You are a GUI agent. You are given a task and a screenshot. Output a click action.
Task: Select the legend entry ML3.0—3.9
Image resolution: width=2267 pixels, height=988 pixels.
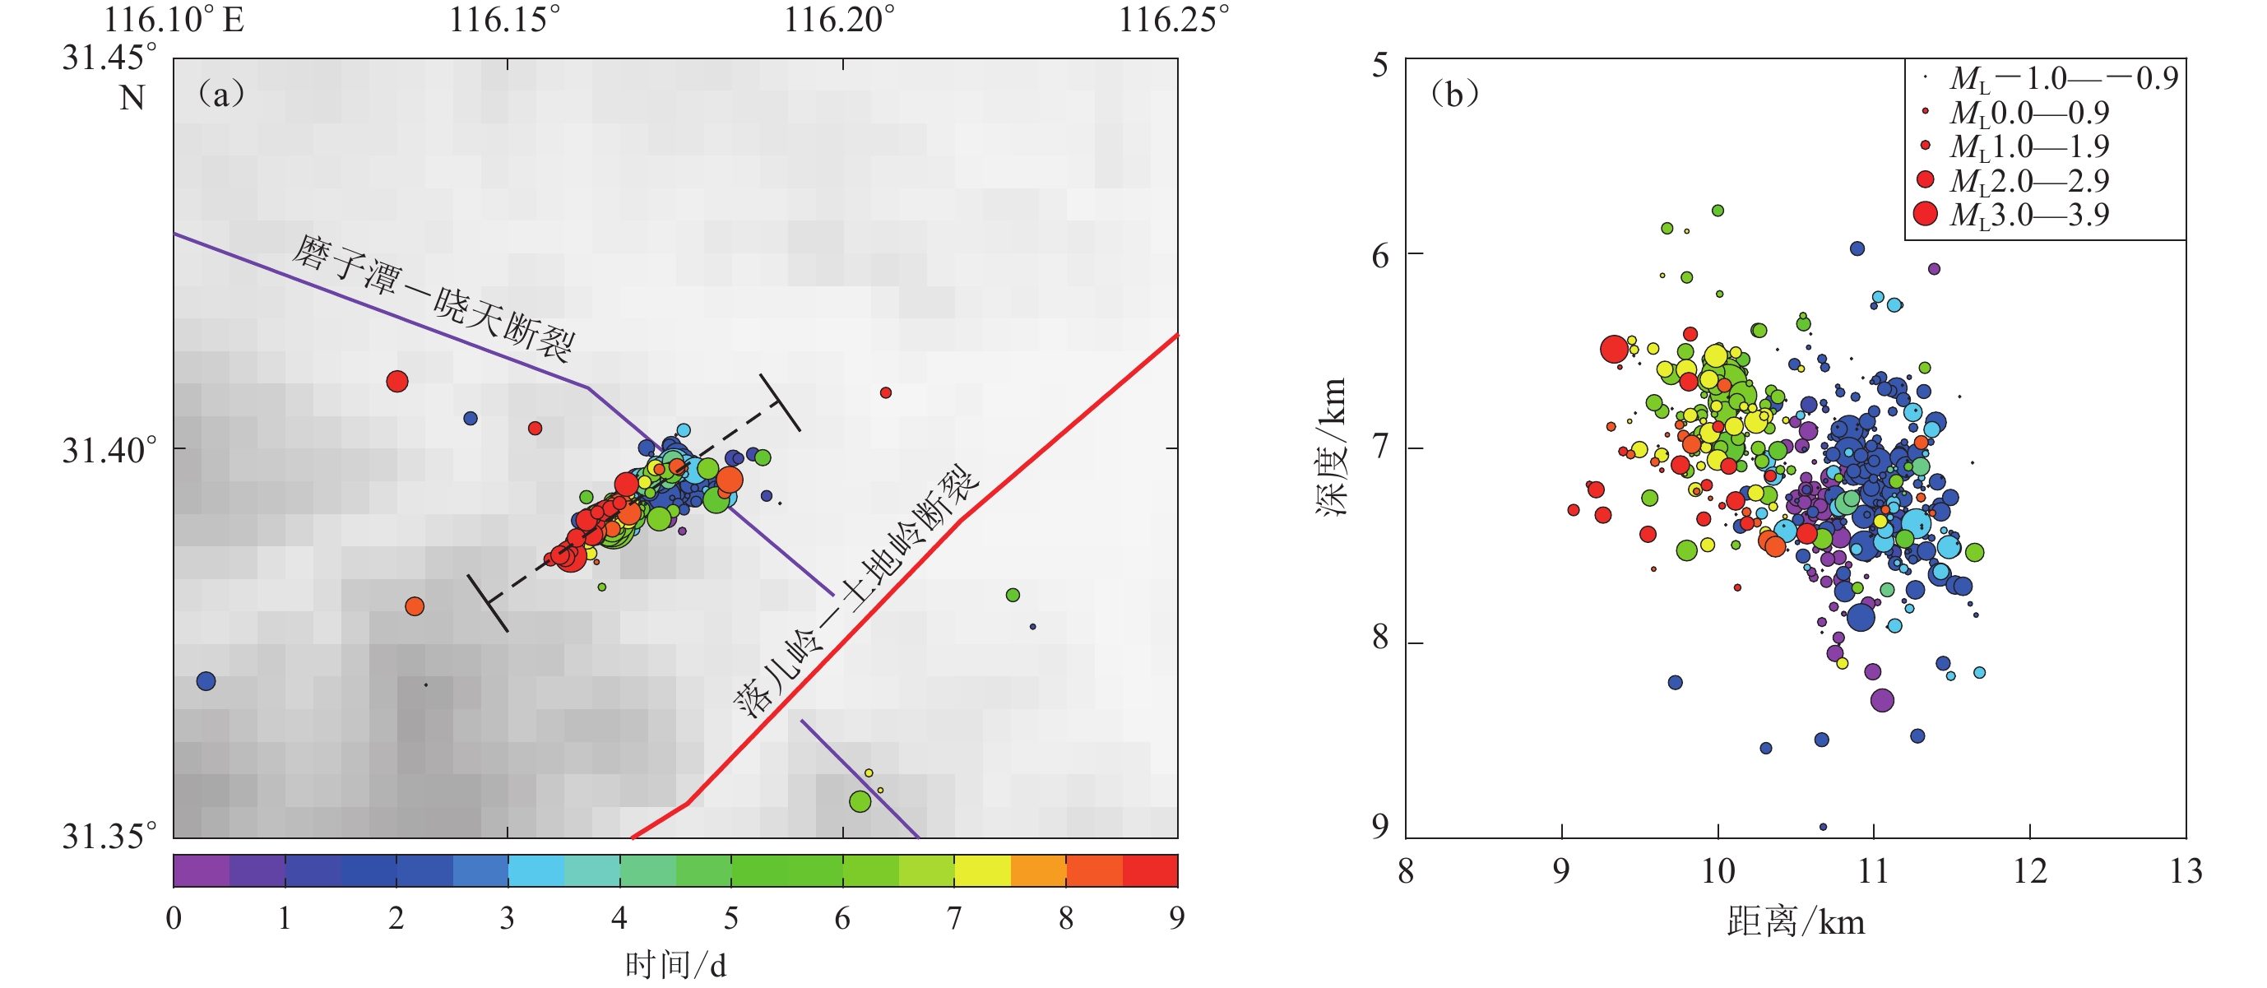pos(2028,214)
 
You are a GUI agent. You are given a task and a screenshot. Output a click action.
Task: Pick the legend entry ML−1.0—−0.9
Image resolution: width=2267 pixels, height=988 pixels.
pos(2063,78)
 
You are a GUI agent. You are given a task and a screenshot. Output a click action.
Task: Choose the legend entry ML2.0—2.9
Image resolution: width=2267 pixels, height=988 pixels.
pos(2028,180)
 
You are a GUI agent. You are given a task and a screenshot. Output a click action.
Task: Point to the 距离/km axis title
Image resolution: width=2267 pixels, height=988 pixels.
pos(1796,922)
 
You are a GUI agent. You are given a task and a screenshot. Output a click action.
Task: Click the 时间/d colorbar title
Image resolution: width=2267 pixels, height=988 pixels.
pos(675,965)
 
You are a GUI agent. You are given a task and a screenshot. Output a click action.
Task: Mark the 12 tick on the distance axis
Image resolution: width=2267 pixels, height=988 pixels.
pos(2029,870)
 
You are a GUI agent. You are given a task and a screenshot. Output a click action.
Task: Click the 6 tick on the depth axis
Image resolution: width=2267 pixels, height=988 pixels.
pos(1380,256)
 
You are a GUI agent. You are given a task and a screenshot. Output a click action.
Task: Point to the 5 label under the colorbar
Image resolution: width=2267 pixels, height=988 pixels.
pos(730,917)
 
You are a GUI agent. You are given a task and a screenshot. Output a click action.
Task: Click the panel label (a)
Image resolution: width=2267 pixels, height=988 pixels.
pos(221,93)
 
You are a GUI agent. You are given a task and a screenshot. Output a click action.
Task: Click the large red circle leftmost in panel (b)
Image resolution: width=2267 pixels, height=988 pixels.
pos(1614,350)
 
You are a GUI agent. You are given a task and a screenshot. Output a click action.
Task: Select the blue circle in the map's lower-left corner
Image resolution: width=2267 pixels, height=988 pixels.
pos(206,681)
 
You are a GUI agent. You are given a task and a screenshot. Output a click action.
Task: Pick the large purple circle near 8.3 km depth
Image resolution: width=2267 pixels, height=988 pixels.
pos(1881,700)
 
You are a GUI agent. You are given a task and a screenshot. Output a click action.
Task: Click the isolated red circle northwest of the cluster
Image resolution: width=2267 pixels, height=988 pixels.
pos(397,381)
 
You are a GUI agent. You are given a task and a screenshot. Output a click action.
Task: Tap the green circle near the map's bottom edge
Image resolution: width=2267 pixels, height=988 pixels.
pos(860,801)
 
